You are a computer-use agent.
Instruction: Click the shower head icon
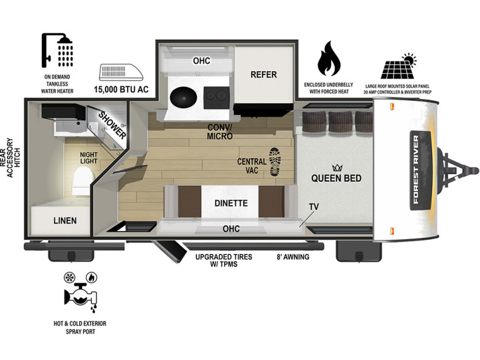[x=58, y=50]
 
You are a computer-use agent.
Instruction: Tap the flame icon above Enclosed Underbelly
[x=329, y=59]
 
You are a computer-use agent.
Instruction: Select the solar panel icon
[x=398, y=66]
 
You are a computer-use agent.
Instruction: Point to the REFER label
[x=263, y=74]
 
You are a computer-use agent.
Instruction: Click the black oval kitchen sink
[x=184, y=97]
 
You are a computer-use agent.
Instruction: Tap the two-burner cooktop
[x=217, y=97]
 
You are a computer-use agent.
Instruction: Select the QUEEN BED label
[x=336, y=178]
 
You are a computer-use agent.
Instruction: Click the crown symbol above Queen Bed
[x=337, y=168]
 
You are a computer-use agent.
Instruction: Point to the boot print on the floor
[x=274, y=162]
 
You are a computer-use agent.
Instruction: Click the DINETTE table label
[x=231, y=203]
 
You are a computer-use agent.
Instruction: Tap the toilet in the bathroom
[x=83, y=181]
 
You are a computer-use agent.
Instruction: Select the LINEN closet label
[x=65, y=221]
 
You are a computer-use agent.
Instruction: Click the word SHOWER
[x=112, y=125]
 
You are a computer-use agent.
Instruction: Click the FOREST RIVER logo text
[x=416, y=170]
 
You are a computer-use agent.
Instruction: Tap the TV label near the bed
[x=314, y=207]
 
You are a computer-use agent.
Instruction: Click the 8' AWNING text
[x=293, y=257]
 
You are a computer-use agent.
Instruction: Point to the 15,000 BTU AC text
[x=121, y=90]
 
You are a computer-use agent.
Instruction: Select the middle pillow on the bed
[x=341, y=121]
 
